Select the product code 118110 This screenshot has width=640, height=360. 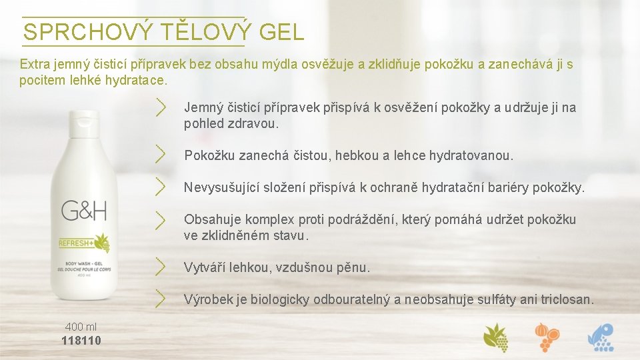pyautogui.click(x=81, y=341)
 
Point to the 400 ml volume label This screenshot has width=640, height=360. pyautogui.click(x=81, y=327)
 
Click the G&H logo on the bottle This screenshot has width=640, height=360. pyautogui.click(x=84, y=211)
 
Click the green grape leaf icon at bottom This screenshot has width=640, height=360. pyautogui.click(x=496, y=337)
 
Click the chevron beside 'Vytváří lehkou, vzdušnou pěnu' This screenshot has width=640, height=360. pyautogui.click(x=161, y=267)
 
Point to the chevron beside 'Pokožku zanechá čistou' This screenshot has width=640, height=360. pyautogui.click(x=161, y=155)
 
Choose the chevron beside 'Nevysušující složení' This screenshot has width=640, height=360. pyautogui.click(x=161, y=186)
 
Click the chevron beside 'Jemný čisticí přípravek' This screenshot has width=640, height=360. pyautogui.click(x=161, y=107)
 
